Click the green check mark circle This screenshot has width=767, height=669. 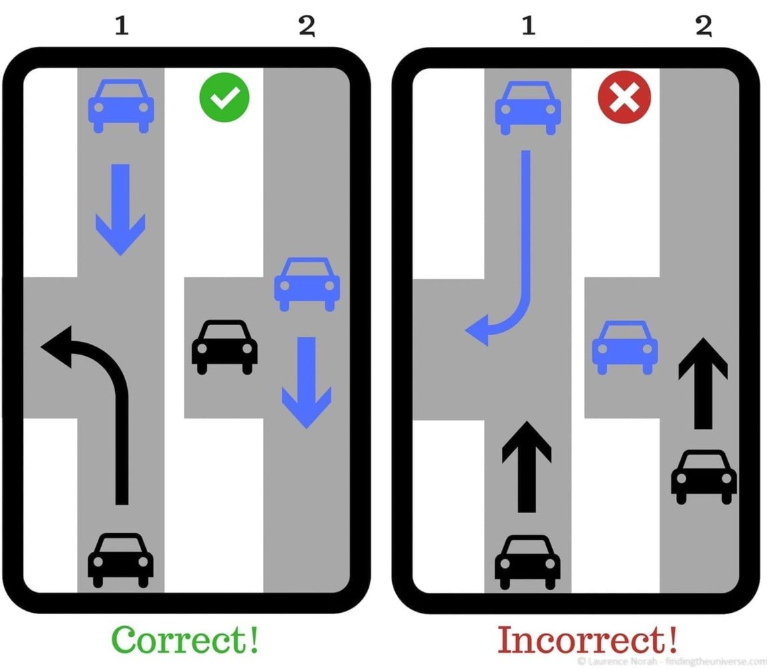(224, 97)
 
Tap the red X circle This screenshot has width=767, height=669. (624, 97)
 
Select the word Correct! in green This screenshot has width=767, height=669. (185, 639)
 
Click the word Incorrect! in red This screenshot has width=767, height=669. (588, 639)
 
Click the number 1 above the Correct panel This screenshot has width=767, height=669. (122, 25)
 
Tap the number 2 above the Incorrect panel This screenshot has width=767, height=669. (704, 26)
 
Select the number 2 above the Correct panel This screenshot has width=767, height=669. (307, 26)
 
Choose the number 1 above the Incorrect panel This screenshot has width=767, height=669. (528, 25)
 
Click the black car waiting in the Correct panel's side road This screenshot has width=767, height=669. (224, 347)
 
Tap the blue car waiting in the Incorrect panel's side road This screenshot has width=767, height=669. (624, 347)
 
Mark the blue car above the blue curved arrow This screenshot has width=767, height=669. (528, 108)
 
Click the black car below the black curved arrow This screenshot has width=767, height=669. (120, 560)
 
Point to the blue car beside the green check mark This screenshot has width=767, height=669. (121, 106)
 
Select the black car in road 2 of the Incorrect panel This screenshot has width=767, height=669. (704, 477)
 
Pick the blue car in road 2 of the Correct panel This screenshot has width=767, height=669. (307, 284)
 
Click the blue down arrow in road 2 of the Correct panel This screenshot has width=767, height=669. (307, 383)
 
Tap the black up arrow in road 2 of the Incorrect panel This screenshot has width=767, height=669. (703, 383)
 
